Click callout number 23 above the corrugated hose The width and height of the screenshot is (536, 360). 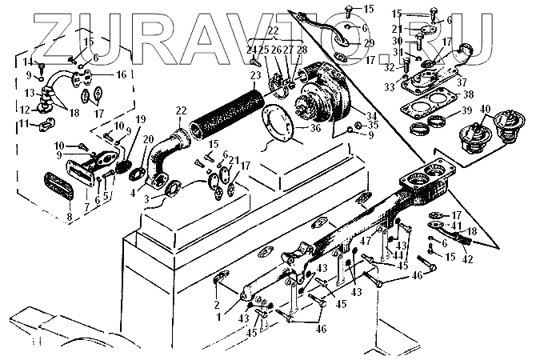click(x=255, y=76)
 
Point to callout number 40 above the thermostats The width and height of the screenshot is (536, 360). click(x=486, y=108)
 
